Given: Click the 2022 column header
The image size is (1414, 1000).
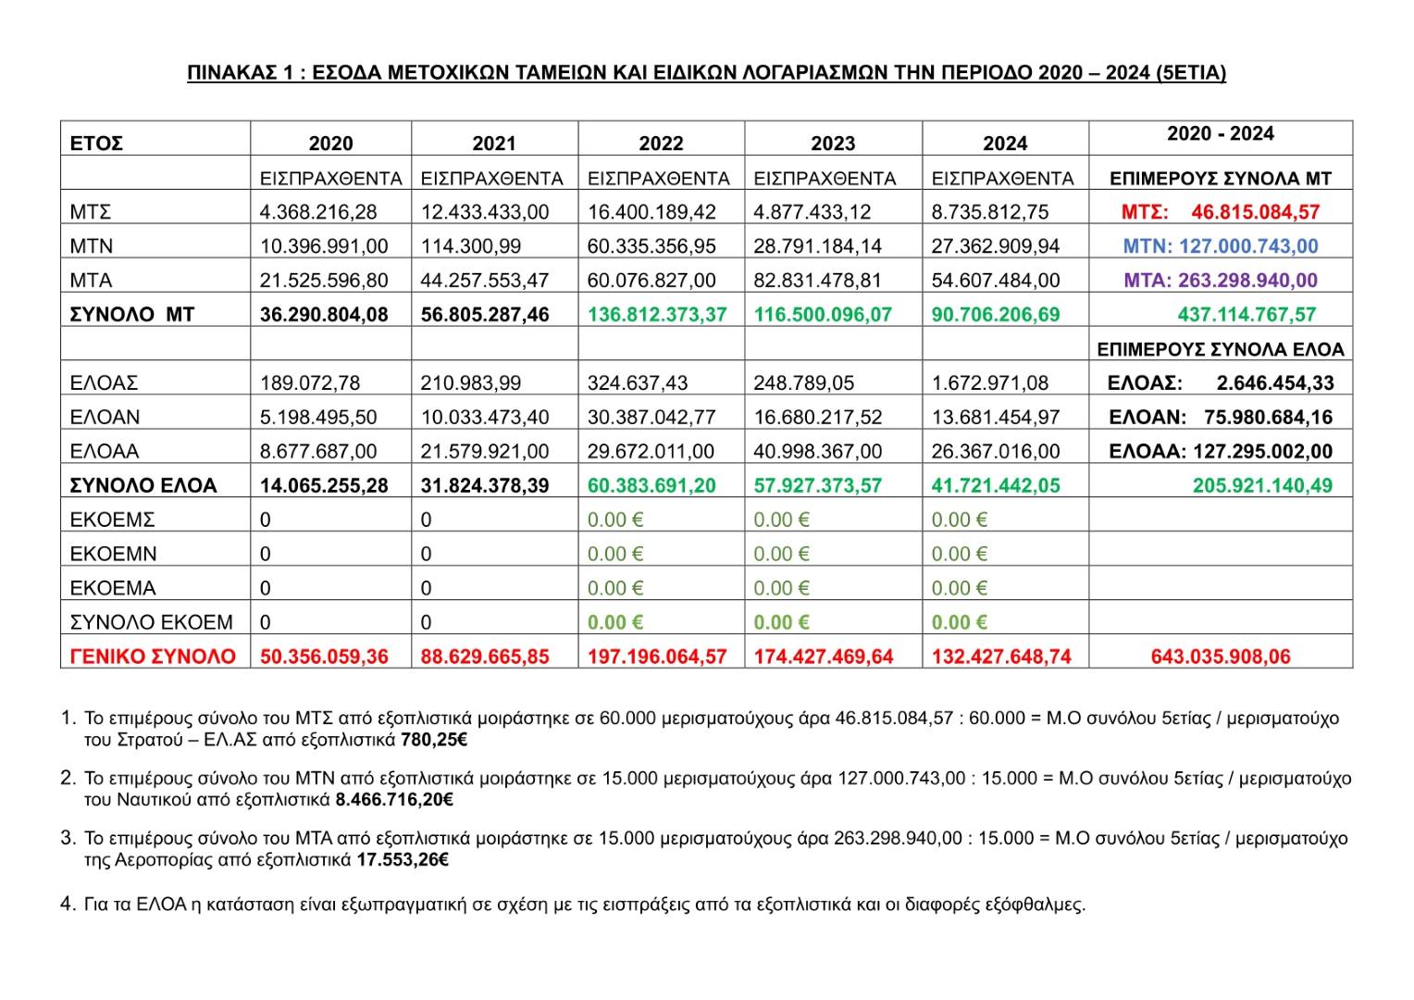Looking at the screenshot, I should pos(661,144).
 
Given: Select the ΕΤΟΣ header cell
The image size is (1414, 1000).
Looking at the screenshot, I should pos(96,144).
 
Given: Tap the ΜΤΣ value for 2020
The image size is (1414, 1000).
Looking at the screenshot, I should pos(318,212).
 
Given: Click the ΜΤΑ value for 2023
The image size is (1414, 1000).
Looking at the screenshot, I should pos(818,281).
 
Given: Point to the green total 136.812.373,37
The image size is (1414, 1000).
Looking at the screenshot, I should pos(657,315).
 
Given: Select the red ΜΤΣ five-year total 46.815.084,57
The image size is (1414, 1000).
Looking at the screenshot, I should pos(1255,212).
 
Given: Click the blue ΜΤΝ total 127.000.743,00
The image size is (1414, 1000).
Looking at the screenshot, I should pos(1247,246).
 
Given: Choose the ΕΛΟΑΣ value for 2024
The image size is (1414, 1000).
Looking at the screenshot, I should pos(990,383).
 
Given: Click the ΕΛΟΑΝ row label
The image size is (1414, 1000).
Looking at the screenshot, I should pos(105,418).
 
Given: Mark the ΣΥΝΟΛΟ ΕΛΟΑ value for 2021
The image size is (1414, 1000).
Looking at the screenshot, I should pos(485,486).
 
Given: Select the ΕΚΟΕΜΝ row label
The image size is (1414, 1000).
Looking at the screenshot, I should pos(114,555).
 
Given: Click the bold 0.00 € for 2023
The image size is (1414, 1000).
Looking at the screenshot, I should pos(782,623).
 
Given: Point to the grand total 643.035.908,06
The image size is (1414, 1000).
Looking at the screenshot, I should pos(1220,657).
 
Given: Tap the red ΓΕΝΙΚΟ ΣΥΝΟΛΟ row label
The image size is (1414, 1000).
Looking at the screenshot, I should pos(154,657).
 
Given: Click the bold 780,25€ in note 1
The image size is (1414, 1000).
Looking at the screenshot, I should pos(434,741).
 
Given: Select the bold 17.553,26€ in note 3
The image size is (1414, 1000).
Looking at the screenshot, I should pos(403,860).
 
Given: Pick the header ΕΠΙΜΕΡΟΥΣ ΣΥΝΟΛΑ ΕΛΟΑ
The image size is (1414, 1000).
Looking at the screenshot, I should pos(1220,349).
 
